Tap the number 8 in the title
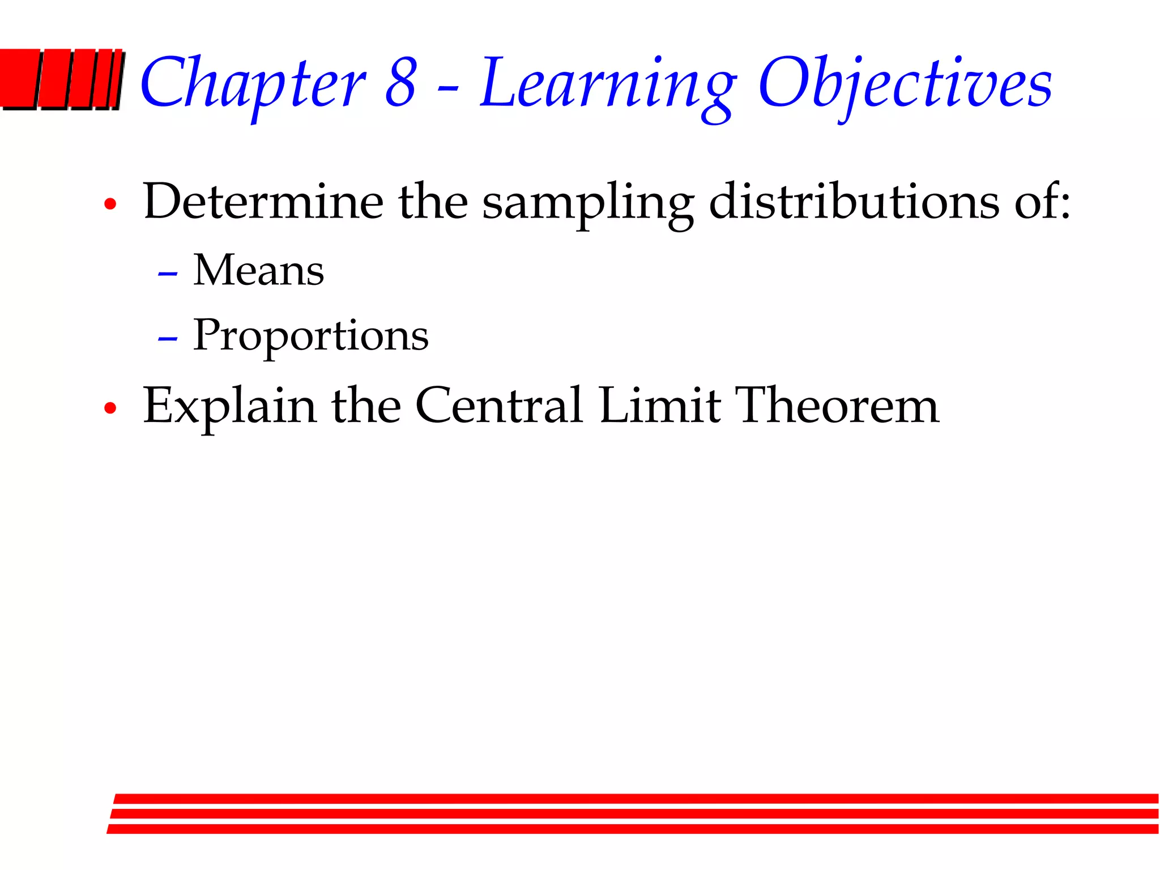[x=401, y=84]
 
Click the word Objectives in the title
[x=905, y=85]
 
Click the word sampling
[x=587, y=204]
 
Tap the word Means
[x=258, y=270]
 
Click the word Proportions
[x=310, y=336]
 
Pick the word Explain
[x=229, y=407]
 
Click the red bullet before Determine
[x=110, y=204]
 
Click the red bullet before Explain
[x=110, y=408]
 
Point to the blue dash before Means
[x=168, y=274]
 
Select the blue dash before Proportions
[x=168, y=339]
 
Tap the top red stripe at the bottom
[x=634, y=799]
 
